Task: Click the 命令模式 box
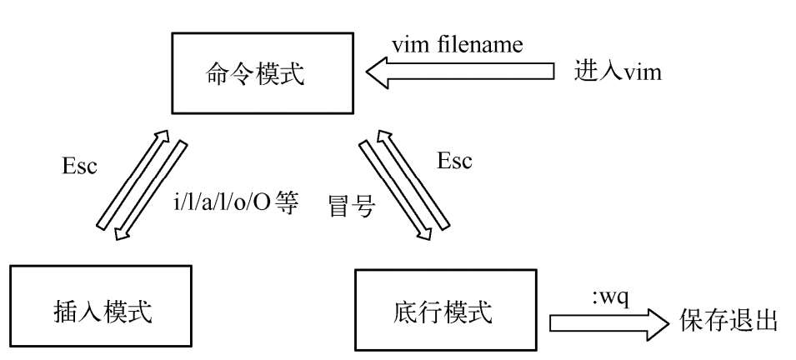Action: [263, 73]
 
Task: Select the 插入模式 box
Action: [101, 306]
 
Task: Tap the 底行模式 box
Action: [446, 310]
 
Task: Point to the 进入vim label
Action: [618, 72]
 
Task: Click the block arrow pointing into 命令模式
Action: [460, 72]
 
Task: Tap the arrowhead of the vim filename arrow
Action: [378, 72]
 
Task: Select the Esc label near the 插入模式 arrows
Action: [79, 166]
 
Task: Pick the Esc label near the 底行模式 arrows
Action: [454, 161]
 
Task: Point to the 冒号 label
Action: [352, 207]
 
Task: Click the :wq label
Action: [611, 298]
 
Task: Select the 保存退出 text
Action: [728, 320]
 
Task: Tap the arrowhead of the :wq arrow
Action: [657, 323]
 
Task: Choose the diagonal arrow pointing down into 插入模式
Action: [150, 190]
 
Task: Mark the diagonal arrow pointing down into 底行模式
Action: [396, 190]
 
